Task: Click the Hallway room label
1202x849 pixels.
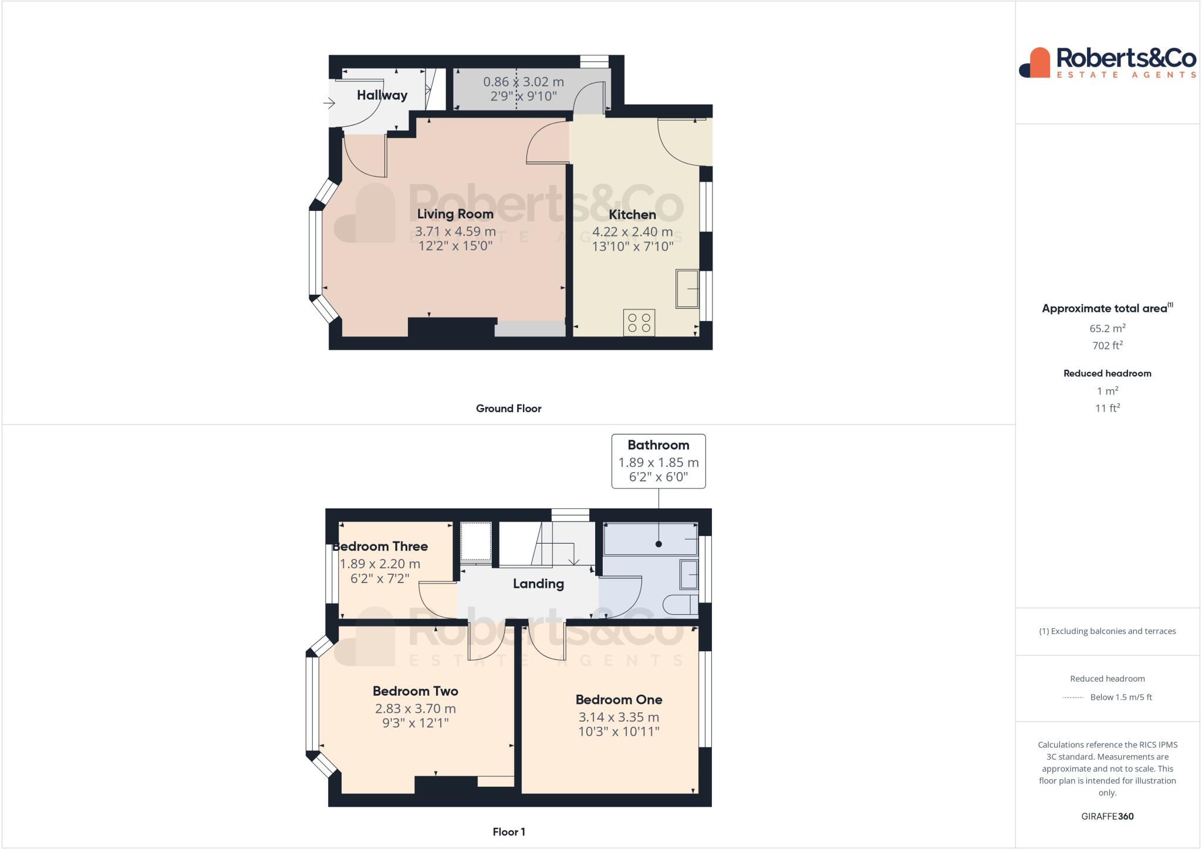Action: pyautogui.click(x=382, y=95)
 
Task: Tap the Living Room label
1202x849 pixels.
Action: pyautogui.click(x=455, y=214)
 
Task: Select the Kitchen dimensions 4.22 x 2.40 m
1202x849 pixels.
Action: pyautogui.click(x=632, y=232)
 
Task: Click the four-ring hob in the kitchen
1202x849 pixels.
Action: pyautogui.click(x=639, y=323)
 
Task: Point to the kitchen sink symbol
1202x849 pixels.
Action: pyautogui.click(x=687, y=288)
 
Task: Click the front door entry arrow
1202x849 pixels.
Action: pyautogui.click(x=329, y=104)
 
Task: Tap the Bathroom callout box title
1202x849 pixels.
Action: pyautogui.click(x=658, y=445)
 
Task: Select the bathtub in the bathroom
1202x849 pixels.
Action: pyautogui.click(x=650, y=539)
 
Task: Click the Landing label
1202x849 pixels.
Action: pyautogui.click(x=538, y=584)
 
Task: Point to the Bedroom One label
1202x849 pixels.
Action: pyautogui.click(x=619, y=699)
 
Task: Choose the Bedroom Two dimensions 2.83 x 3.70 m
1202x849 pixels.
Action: pyautogui.click(x=415, y=709)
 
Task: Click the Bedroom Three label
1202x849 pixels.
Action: pyautogui.click(x=380, y=547)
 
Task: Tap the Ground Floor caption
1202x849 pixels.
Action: pyautogui.click(x=508, y=409)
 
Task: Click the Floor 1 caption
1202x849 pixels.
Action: pyautogui.click(x=508, y=831)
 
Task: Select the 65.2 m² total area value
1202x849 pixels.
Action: pyautogui.click(x=1107, y=328)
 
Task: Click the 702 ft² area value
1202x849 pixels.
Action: pyautogui.click(x=1107, y=346)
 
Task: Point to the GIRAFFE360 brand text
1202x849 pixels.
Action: pyautogui.click(x=1107, y=816)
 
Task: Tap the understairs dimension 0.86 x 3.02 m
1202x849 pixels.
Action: pyautogui.click(x=523, y=82)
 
